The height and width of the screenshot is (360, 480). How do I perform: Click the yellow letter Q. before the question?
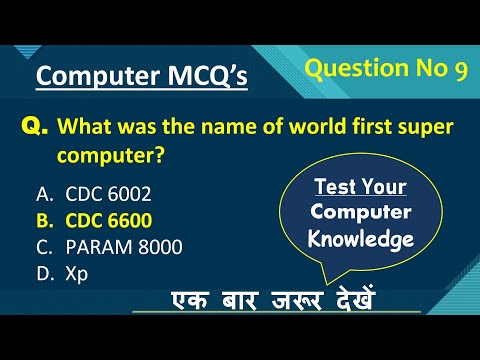pos(34,126)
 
